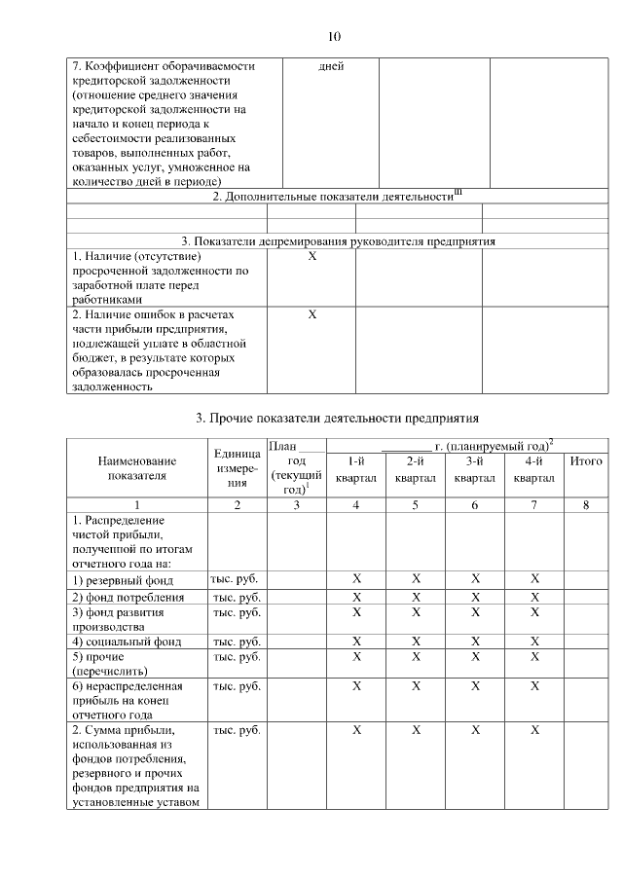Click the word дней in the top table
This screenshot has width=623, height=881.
coord(331,67)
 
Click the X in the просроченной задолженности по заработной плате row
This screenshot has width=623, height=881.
coord(312,257)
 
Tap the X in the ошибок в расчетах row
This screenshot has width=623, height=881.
coord(312,315)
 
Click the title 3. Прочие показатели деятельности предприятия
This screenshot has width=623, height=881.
coord(338,419)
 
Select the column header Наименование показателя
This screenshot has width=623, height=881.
coord(137,468)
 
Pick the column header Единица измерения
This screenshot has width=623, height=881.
coord(235,468)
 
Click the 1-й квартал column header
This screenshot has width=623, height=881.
coord(355,469)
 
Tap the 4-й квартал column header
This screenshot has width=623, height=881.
coord(534,469)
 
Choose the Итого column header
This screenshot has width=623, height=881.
coord(585,460)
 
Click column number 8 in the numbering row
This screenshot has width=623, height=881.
coord(585,505)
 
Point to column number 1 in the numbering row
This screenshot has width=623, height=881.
coord(137,505)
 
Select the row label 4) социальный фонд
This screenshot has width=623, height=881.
coord(113,642)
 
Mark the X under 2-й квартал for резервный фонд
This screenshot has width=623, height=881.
coord(416,579)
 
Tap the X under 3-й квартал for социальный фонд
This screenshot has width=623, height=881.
coord(475,642)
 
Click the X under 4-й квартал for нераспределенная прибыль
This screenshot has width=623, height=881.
coord(534,686)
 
